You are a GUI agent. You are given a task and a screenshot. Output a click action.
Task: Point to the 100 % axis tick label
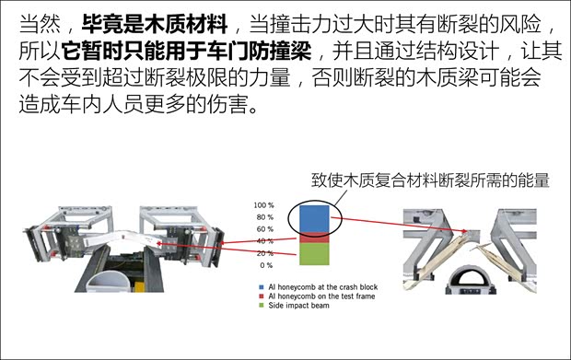[x=263, y=205]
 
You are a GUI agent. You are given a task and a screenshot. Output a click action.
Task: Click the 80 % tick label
[x=265, y=217]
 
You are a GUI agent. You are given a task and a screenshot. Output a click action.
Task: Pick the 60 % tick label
[x=265, y=229]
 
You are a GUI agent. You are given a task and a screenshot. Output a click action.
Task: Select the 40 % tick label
[x=265, y=241]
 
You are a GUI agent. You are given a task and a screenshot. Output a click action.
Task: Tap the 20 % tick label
[x=265, y=253]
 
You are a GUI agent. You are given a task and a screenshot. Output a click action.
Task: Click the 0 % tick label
[x=266, y=265]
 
